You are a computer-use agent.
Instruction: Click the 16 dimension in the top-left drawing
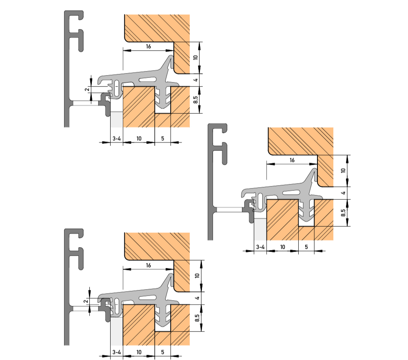149,46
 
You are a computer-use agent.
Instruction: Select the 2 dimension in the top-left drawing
87,89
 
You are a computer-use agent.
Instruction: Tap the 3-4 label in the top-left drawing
117,139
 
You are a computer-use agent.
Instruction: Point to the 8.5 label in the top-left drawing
196,100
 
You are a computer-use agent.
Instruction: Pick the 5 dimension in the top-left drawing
163,139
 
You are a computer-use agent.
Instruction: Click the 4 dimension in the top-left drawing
196,80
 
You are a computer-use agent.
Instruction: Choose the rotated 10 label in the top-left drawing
196,57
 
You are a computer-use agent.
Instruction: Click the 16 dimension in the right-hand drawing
292,160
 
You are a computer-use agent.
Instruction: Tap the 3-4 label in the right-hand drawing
260,247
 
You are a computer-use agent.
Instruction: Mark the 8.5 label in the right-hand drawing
344,213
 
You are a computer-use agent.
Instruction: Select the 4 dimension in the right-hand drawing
344,193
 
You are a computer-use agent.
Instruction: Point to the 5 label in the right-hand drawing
306,247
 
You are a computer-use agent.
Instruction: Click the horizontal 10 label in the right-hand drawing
283,247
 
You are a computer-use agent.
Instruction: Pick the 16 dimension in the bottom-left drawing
149,265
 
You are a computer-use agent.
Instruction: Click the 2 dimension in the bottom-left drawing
86,301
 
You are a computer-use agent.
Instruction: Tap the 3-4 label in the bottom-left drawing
117,352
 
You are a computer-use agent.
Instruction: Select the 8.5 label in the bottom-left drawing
197,318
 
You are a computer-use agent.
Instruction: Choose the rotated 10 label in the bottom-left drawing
197,276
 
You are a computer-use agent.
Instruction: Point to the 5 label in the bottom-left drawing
163,352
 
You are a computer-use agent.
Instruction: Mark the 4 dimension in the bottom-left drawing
197,298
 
